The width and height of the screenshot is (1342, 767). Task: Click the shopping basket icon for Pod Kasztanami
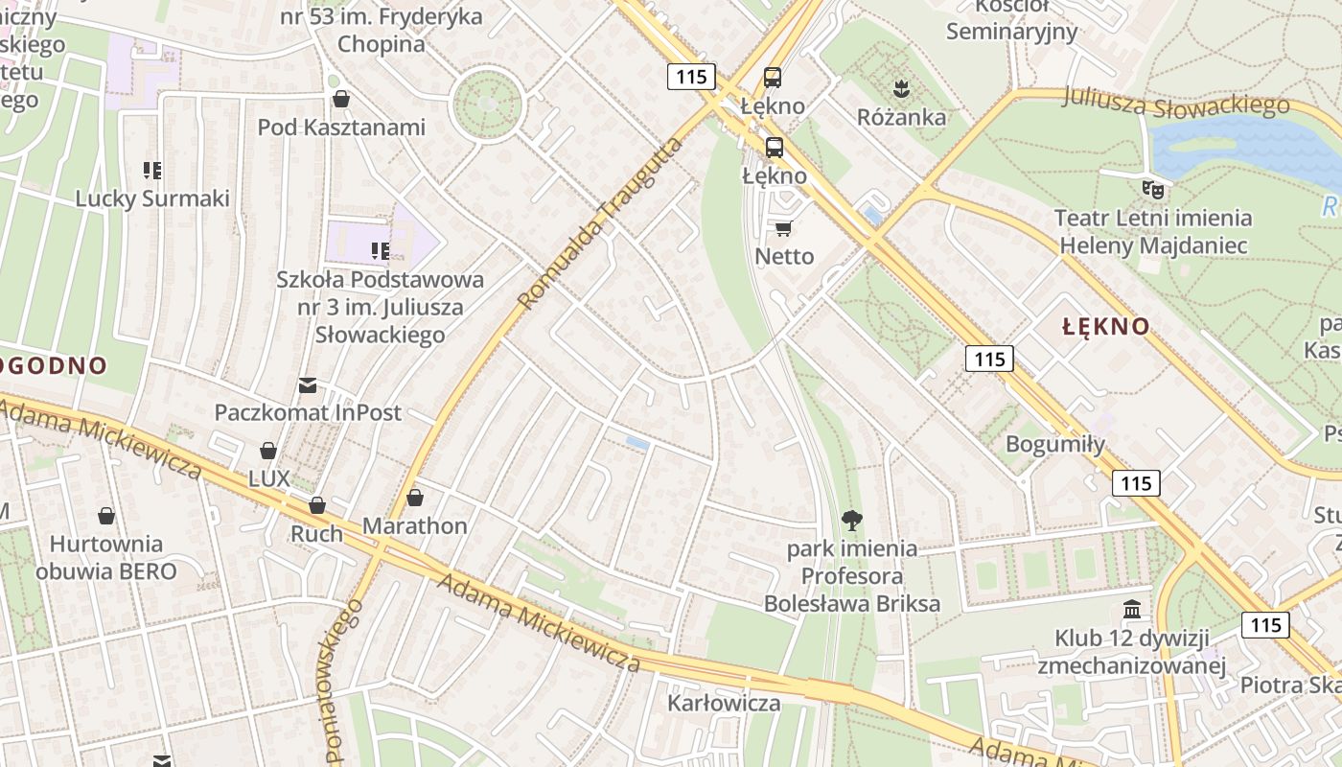pyautogui.click(x=340, y=99)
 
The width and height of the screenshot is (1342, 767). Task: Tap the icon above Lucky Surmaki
pyautogui.click(x=151, y=171)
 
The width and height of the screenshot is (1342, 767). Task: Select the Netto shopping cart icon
pyautogui.click(x=783, y=228)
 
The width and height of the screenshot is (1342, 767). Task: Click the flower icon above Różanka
pyautogui.click(x=900, y=90)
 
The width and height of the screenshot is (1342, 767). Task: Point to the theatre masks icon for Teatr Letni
pyautogui.click(x=1152, y=189)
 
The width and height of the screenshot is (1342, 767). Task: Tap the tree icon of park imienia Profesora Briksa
pyautogui.click(x=850, y=521)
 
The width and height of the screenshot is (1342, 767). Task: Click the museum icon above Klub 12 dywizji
pyautogui.click(x=1132, y=610)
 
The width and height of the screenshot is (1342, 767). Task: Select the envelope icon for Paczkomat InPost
pyautogui.click(x=307, y=385)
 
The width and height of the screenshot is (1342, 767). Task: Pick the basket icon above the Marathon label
pyautogui.click(x=414, y=498)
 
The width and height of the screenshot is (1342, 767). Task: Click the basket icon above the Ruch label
pyautogui.click(x=316, y=505)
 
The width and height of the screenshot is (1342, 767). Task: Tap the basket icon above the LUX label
pyautogui.click(x=268, y=451)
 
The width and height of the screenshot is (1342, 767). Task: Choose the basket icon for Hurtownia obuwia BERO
pyautogui.click(x=105, y=516)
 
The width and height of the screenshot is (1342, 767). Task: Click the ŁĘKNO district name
pyautogui.click(x=1105, y=326)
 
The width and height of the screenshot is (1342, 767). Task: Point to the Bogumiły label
pyautogui.click(x=1054, y=444)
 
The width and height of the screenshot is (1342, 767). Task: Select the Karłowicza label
pyautogui.click(x=724, y=703)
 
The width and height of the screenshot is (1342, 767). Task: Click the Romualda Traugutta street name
pyautogui.click(x=601, y=222)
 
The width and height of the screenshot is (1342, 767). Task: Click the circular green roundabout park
pyautogui.click(x=487, y=103)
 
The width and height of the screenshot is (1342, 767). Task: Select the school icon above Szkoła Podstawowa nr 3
pyautogui.click(x=380, y=251)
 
